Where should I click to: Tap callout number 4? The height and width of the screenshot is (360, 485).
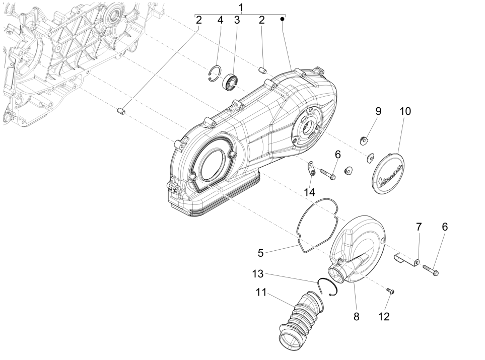[x=220, y=20]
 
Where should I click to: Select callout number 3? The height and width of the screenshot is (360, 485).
[x=236, y=20]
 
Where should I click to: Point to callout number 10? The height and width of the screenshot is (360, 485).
[x=405, y=111]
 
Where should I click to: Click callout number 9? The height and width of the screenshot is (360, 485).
[x=378, y=111]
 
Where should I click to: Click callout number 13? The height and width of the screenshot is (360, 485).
[x=257, y=274]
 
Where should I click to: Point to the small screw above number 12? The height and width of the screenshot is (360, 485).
[x=389, y=291]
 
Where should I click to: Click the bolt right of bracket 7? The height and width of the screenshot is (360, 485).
[x=430, y=270]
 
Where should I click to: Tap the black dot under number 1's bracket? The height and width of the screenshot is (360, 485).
[x=283, y=19]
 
